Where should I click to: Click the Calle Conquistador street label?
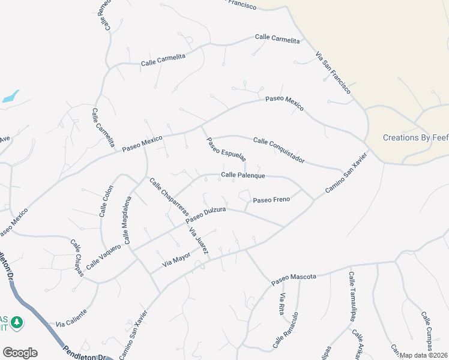pyautogui.click(x=279, y=150)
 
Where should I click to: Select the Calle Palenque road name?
pyautogui.click(x=243, y=175)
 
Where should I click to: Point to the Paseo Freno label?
pyautogui.click(x=271, y=199)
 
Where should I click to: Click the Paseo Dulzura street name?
pyautogui.click(x=205, y=217)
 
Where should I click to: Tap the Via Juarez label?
pyautogui.click(x=198, y=241)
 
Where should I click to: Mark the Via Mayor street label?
pyautogui.click(x=176, y=259)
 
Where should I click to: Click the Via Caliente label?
pyautogui.click(x=71, y=318)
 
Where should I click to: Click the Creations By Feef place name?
pyautogui.click(x=415, y=137)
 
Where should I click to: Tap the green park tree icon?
pyautogui.click(x=17, y=323)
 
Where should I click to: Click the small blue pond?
pyautogui.click(x=10, y=96)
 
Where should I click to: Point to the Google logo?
pyautogui.click(x=20, y=353)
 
